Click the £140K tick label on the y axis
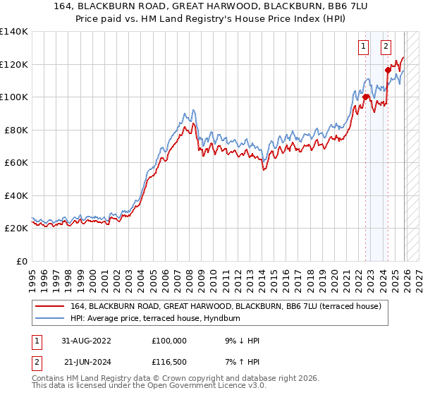[14, 32]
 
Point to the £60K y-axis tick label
[16, 162]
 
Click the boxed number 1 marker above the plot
[364, 47]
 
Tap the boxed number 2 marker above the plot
[386, 47]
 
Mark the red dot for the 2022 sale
[366, 97]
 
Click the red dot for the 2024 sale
[388, 70]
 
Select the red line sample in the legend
[50, 306]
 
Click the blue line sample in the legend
[50, 319]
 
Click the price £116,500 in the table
[170, 363]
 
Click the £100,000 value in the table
[170, 341]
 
